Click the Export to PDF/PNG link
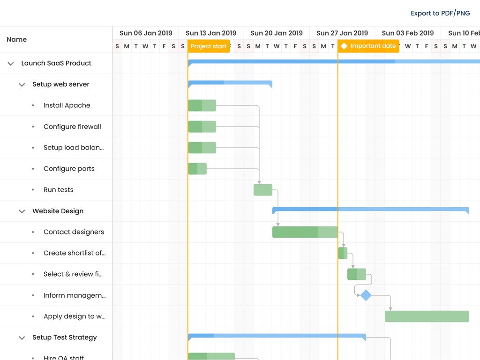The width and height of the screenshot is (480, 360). click(440, 13)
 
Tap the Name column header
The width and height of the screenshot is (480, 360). click(17, 39)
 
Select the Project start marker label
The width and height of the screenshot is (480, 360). click(209, 46)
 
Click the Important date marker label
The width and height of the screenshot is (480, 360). click(368, 46)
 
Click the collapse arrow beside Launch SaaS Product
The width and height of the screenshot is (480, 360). click(11, 63)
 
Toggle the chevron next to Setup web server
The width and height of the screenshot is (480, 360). click(22, 84)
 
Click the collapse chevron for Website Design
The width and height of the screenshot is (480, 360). click(22, 211)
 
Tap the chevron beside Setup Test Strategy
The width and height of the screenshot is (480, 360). click(22, 337)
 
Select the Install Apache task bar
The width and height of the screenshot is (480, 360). click(202, 105)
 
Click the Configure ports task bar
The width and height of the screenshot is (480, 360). click(197, 169)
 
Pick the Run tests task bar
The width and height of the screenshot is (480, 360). click(263, 190)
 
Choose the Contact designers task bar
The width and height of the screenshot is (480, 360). click(305, 232)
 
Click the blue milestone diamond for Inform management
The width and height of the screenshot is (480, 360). click(366, 295)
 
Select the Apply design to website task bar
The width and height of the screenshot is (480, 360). click(427, 316)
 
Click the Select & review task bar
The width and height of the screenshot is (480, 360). click(356, 274)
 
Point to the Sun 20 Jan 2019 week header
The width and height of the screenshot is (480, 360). click(277, 33)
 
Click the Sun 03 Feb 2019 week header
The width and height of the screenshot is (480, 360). click(408, 33)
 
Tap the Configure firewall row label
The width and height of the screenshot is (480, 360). click(72, 127)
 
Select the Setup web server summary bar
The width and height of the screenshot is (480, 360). click(230, 83)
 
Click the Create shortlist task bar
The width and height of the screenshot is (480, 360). click(343, 253)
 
